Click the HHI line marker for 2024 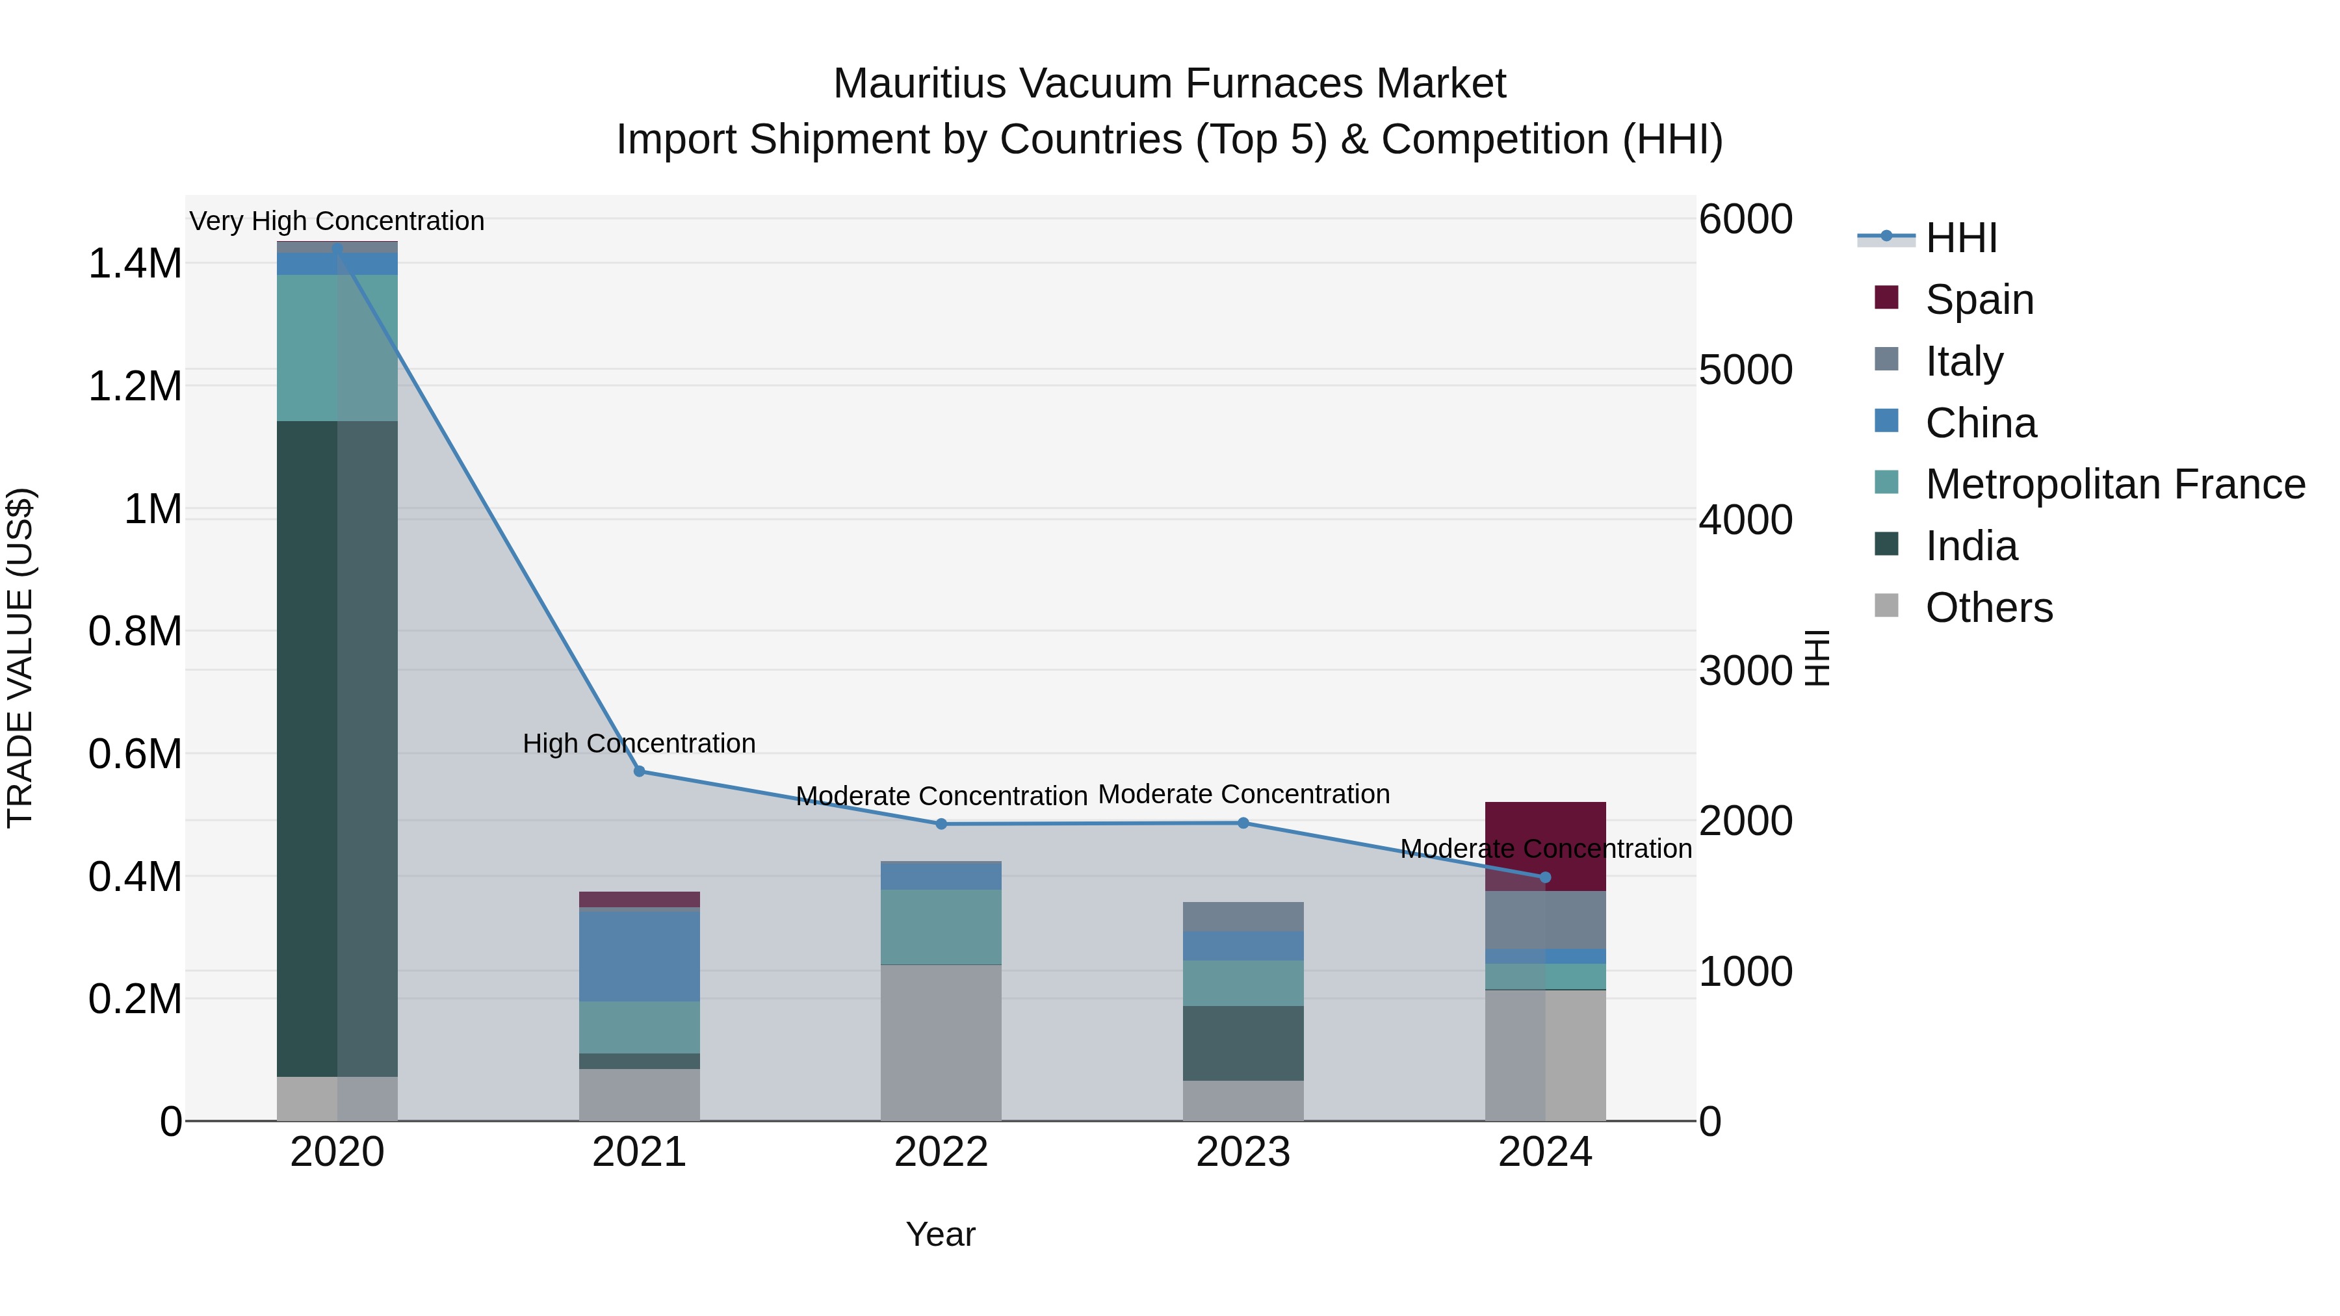[1544, 877]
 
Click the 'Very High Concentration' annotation [337, 221]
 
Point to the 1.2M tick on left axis [135, 386]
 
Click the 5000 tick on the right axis [1745, 370]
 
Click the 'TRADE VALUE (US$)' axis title [20, 658]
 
